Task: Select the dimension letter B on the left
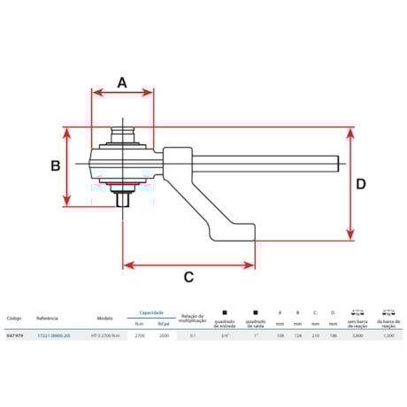(54, 165)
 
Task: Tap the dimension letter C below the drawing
(188, 277)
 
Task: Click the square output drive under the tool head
(123, 199)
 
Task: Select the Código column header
(14, 317)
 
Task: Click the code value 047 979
(15, 335)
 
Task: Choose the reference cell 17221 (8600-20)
(54, 335)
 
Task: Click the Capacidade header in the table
(150, 312)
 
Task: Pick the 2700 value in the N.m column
(139, 335)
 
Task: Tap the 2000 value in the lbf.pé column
(163, 335)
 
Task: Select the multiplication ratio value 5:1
(192, 335)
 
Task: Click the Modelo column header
(104, 317)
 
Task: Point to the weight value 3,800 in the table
(357, 335)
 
